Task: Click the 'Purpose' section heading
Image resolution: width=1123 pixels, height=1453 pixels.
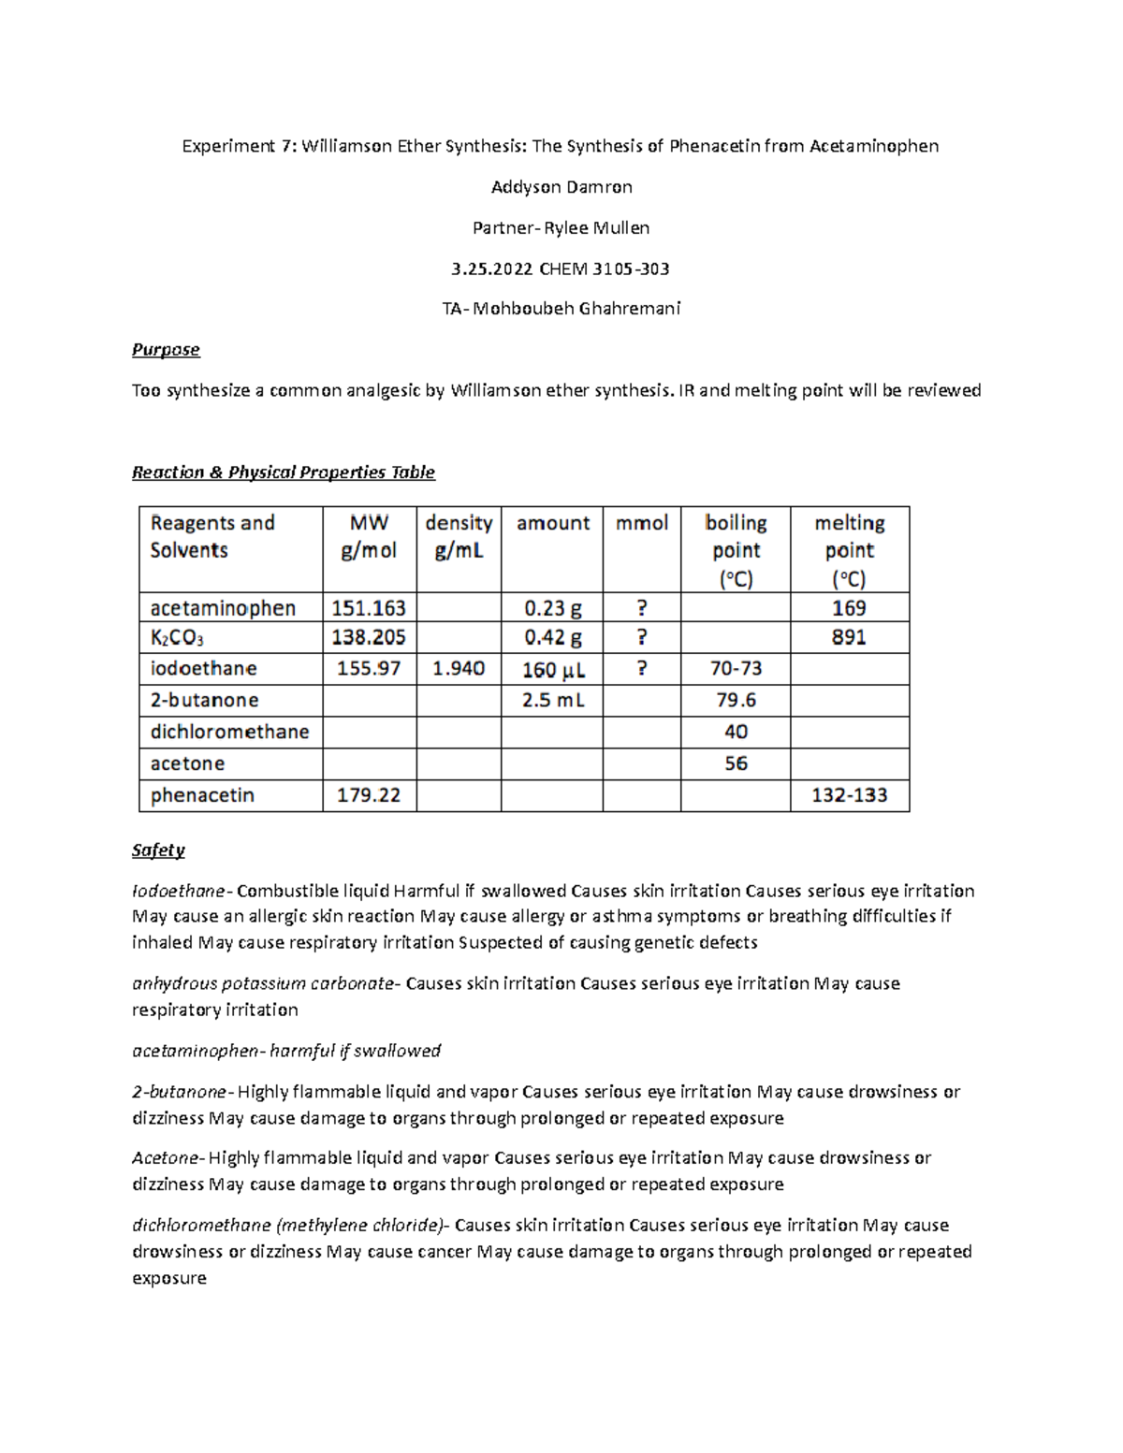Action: [166, 350]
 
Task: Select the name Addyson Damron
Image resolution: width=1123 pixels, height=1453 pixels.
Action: [561, 187]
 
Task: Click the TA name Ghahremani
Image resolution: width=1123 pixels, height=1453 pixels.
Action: [629, 309]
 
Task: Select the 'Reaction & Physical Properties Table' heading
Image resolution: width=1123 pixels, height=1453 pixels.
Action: [283, 472]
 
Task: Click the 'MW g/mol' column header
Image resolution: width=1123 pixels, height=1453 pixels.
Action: [369, 537]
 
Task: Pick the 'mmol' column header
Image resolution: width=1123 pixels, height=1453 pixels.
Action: [641, 523]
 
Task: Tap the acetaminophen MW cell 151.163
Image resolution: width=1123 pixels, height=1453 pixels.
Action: [369, 608]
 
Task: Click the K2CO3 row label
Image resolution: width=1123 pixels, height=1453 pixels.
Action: [177, 638]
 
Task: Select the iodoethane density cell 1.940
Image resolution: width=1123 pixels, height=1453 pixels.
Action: [459, 669]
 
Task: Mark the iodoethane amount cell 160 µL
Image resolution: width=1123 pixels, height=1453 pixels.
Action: [553, 670]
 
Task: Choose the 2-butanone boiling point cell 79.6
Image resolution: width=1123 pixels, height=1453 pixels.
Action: [736, 701]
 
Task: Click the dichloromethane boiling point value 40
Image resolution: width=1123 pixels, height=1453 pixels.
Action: [736, 732]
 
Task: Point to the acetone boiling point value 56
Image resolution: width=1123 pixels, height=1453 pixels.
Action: [736, 763]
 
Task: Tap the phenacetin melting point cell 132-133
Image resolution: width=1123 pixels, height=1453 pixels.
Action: [849, 795]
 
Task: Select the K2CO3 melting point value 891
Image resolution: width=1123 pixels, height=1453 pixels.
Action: [849, 638]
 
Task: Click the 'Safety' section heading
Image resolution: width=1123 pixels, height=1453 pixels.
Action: [158, 850]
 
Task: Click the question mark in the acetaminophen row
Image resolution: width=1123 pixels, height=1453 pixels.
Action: [641, 608]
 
